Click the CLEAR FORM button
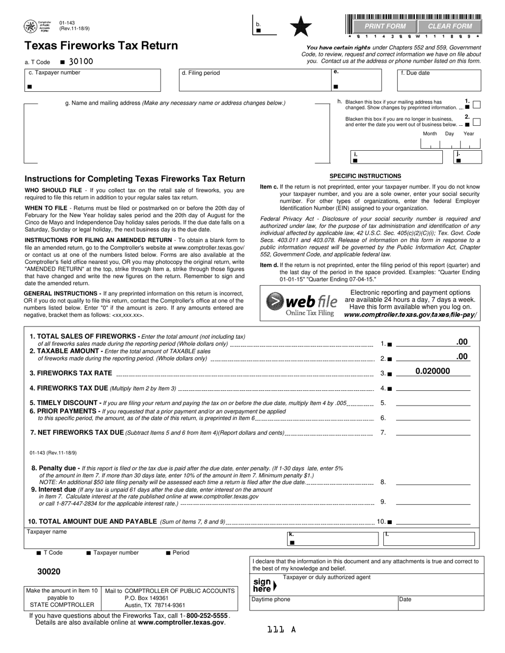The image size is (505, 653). pos(450,26)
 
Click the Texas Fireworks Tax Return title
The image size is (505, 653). pos(101,46)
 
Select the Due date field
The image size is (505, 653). pos(440,81)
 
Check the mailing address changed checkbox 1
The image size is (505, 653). pos(477,105)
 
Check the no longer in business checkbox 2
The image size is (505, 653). pos(477,122)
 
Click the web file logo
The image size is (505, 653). pos(301,303)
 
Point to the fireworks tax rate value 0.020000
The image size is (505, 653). pos(432,372)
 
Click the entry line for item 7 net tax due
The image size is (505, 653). pos(433,433)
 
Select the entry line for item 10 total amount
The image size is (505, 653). pos(433,522)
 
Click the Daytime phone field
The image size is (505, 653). pos(324,603)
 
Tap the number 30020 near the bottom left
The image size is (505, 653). pos(49,572)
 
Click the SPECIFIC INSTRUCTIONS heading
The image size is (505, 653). pos(365,176)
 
